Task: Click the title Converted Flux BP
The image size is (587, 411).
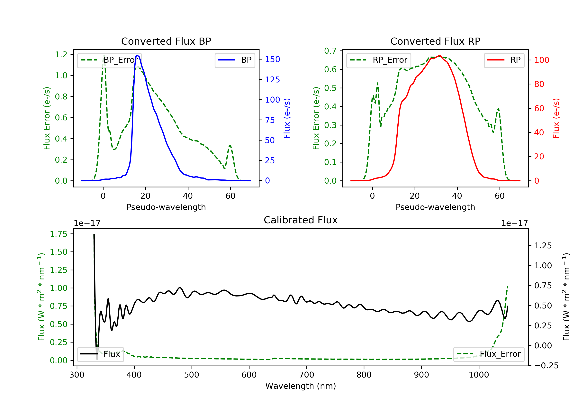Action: pos(166,41)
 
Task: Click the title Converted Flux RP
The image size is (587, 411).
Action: pos(435,41)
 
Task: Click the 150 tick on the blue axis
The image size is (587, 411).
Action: pos(272,59)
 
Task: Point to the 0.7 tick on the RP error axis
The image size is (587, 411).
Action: pos(330,51)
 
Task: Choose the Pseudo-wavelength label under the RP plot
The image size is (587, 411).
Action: pos(435,207)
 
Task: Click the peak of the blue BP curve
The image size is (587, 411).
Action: pos(137,56)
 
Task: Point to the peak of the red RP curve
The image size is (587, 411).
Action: pos(439,56)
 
